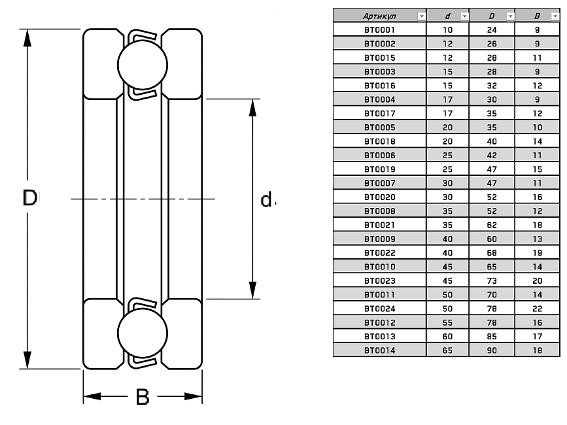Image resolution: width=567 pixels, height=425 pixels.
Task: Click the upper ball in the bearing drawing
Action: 143,64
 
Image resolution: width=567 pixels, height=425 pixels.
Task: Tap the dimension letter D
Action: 30,198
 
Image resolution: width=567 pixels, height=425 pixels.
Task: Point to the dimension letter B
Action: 143,397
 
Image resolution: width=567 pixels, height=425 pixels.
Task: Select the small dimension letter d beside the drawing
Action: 266,199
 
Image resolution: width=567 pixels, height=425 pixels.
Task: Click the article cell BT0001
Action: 379,30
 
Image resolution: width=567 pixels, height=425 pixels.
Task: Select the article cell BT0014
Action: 379,350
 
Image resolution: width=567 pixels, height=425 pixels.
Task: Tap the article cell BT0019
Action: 379,169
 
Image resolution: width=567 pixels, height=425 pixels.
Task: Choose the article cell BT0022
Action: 379,252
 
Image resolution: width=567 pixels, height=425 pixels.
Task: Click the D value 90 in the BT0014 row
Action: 492,350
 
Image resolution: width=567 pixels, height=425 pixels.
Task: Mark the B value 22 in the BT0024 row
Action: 537,309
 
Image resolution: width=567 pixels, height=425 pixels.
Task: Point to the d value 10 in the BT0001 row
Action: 448,30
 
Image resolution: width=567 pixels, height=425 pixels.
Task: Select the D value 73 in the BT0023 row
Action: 492,280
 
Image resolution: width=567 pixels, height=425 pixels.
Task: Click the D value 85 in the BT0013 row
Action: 492,337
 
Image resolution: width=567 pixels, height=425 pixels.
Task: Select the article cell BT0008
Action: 379,211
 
